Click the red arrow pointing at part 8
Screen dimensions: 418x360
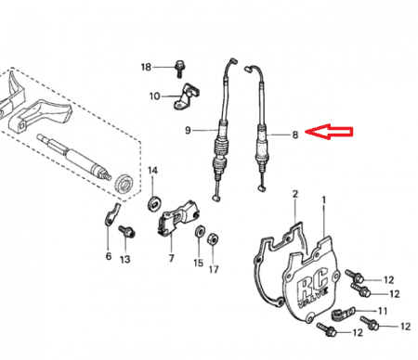point(329,132)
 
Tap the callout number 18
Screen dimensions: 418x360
point(146,67)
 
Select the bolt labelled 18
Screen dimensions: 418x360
point(179,69)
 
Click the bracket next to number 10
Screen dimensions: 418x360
point(186,96)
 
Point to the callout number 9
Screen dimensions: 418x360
point(188,131)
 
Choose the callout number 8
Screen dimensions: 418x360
point(295,135)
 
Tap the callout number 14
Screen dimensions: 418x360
point(152,170)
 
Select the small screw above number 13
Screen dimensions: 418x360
point(126,231)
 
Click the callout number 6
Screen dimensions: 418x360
point(109,256)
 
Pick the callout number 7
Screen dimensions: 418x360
point(172,258)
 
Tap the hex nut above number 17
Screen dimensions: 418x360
point(213,238)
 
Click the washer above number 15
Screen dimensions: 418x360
point(200,231)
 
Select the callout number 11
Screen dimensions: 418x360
point(383,311)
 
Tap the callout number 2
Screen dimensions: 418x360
point(295,194)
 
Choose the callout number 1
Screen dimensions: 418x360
point(324,200)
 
